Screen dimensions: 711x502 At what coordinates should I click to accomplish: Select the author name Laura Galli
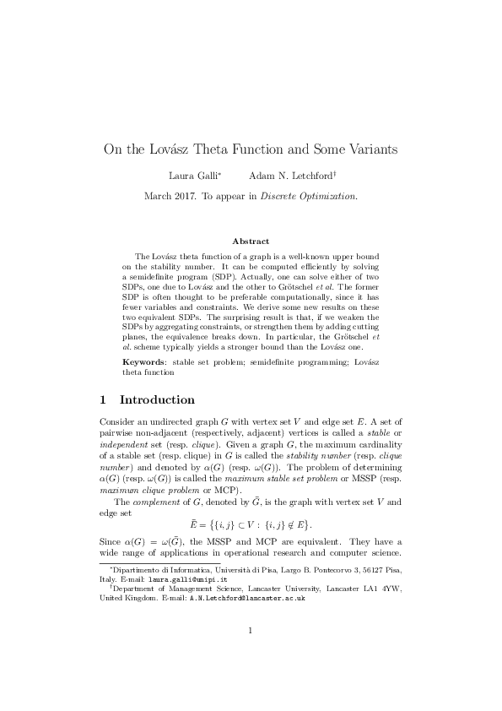tap(192, 176)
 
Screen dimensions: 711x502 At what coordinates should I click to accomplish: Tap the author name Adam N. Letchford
tap(292, 176)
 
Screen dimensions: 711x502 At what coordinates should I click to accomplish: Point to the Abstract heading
tap(251, 242)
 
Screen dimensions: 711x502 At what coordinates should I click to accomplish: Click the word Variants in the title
tap(370, 150)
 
